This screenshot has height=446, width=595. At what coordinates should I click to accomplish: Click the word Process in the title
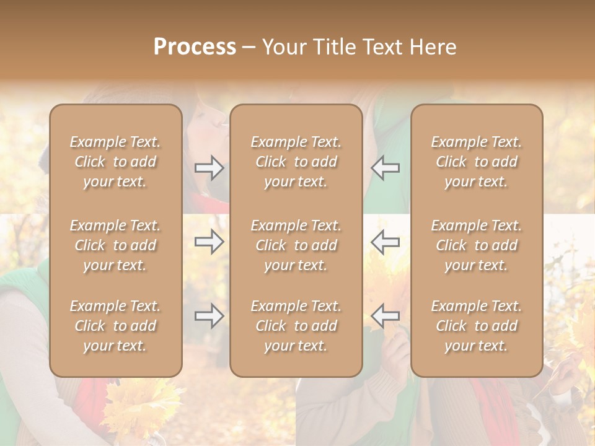coord(195,47)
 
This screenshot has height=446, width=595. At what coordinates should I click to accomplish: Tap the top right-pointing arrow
coord(209,168)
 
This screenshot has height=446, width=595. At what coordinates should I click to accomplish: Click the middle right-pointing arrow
coord(209,241)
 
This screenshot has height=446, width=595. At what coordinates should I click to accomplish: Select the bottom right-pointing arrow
coord(209,316)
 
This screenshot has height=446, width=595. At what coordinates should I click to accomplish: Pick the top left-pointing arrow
coord(386,168)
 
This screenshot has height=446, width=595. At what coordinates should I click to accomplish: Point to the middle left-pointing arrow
coord(386,241)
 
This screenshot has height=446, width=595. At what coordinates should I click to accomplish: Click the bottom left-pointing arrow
coord(386,316)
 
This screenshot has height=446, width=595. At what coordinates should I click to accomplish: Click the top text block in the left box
coord(115,162)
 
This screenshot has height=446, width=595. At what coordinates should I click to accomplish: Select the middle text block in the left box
coord(115,245)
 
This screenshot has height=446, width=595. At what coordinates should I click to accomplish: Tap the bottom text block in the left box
coord(115,326)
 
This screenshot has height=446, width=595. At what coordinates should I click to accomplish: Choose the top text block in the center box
coord(296,162)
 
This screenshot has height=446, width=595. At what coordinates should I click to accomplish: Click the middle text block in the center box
coord(296,245)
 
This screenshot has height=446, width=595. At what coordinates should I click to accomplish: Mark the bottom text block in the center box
coord(296,326)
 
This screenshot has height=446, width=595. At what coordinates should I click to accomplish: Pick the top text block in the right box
coord(476,162)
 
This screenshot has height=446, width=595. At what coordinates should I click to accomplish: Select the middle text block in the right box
coord(476,245)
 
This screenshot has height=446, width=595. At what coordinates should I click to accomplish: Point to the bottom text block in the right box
coord(476,326)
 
